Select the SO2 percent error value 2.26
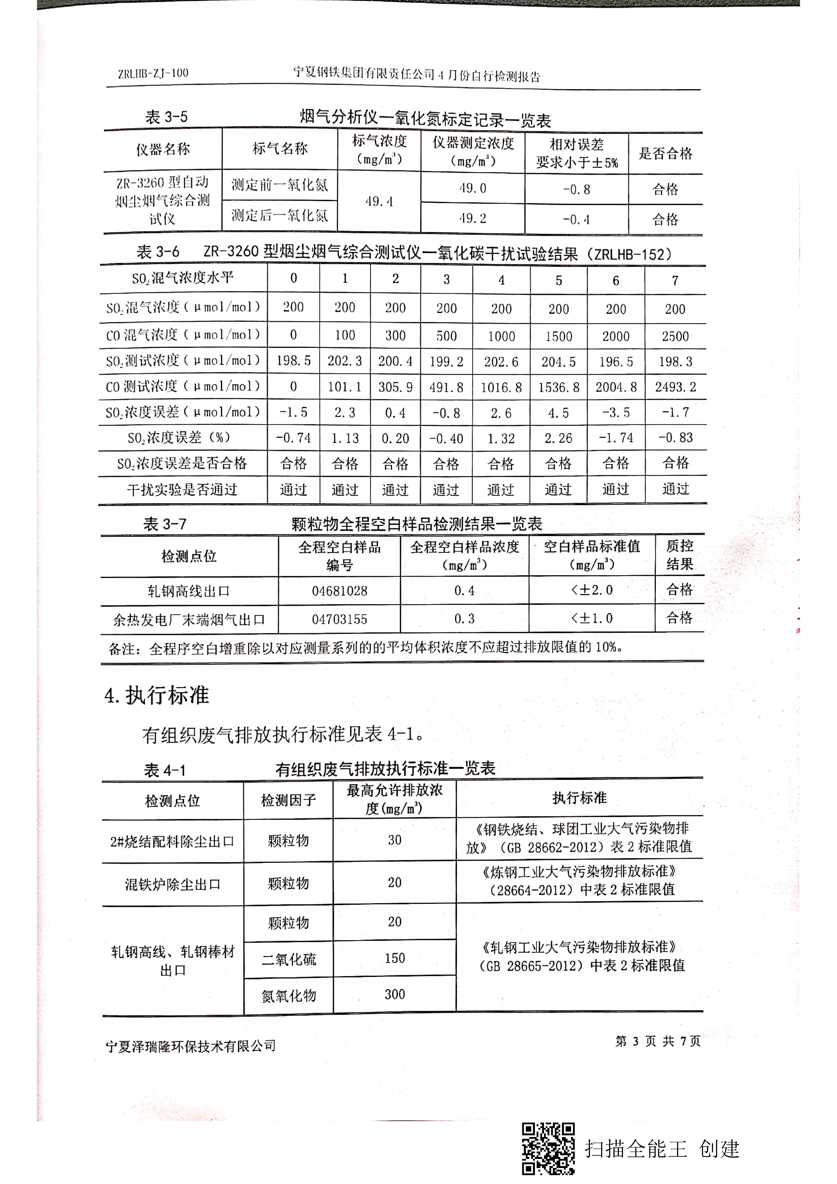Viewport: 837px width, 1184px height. (559, 438)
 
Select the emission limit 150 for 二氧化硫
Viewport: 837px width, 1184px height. (394, 958)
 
